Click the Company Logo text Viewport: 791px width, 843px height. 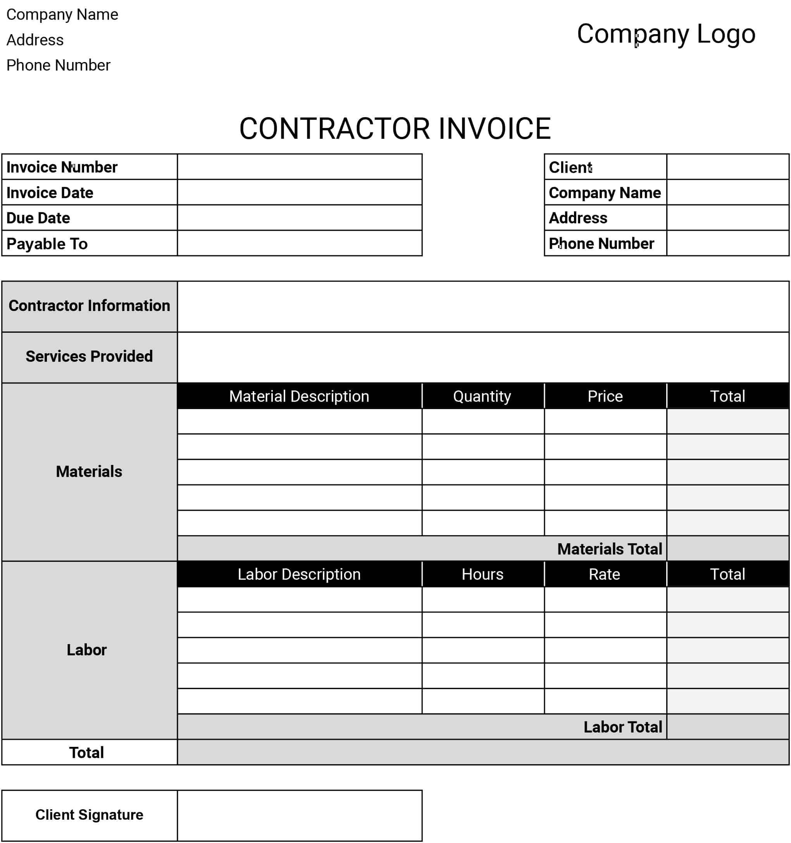[x=666, y=34]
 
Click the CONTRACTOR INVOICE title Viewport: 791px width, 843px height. [x=395, y=128]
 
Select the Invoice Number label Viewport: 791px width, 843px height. [x=62, y=167]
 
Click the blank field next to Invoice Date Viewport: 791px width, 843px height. [x=299, y=192]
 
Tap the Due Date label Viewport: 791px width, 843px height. [x=38, y=218]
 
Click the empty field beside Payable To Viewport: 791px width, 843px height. [x=299, y=244]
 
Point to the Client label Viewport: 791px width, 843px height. [x=570, y=167]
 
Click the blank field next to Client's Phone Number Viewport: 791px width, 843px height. [x=727, y=244]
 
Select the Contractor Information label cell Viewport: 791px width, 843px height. [x=90, y=306]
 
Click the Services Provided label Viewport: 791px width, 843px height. [x=90, y=357]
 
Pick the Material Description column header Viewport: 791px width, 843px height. [x=299, y=396]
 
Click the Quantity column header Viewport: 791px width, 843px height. [x=482, y=396]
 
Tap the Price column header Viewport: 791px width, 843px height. [x=605, y=396]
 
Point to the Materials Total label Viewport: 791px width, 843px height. [x=609, y=549]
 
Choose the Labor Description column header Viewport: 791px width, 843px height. [x=299, y=574]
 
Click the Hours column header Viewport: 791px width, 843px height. [x=483, y=574]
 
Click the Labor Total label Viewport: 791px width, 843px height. [x=622, y=727]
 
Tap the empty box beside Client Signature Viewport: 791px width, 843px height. [x=299, y=815]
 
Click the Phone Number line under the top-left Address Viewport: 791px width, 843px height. [x=59, y=65]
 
